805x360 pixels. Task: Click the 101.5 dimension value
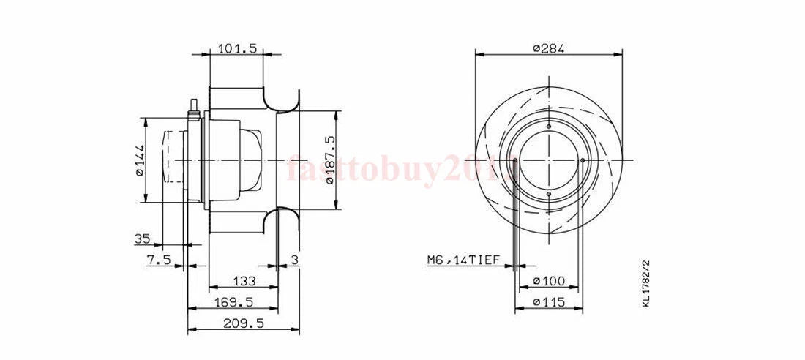237,49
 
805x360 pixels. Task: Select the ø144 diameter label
139,160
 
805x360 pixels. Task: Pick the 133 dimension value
243,280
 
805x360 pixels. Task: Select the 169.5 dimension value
234,301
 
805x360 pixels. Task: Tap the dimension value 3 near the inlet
294,260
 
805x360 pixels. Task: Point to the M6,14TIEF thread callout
463,260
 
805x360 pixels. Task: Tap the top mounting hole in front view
548,127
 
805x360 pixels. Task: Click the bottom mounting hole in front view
548,193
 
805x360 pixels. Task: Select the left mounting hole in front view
516,160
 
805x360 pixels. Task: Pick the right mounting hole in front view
581,160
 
